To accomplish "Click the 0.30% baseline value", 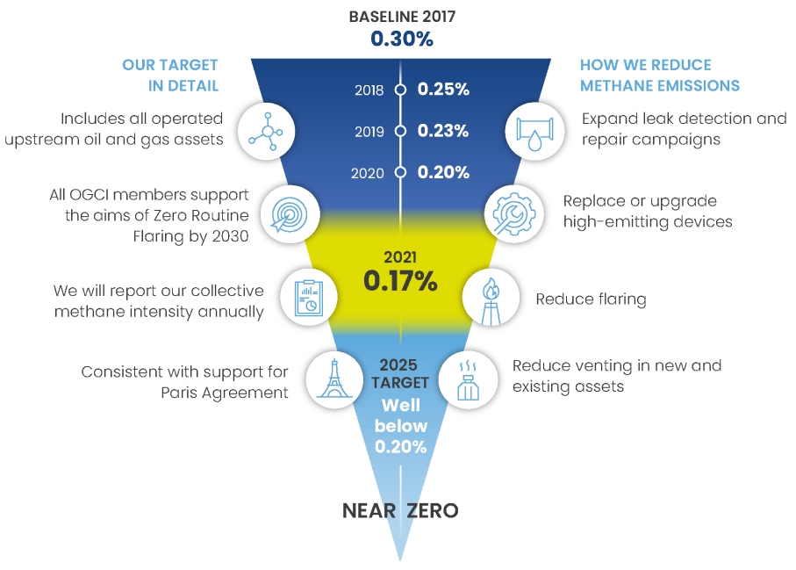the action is coord(402,39).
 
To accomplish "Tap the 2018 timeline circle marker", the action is coord(400,90).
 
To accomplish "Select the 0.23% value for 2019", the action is coord(442,131).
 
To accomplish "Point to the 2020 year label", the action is coord(368,173).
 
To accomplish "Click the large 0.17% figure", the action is coord(400,281).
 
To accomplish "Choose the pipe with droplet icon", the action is coord(534,132).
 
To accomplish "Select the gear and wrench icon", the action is coord(513,213).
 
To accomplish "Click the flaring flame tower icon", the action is coord(491,300).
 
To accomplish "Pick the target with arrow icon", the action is coord(290,214).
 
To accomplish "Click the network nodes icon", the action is coord(266,132).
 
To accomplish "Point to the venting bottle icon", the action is coord(468,381).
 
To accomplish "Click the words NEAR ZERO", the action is coord(400,510).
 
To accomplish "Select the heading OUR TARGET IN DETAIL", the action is coord(170,76).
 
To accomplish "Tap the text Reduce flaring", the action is coord(591,299).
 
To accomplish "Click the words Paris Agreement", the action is coord(225,393).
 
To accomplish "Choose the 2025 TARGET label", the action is coord(399,373).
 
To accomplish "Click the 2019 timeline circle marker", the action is coord(400,131).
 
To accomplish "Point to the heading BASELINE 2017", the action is coord(402,17).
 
